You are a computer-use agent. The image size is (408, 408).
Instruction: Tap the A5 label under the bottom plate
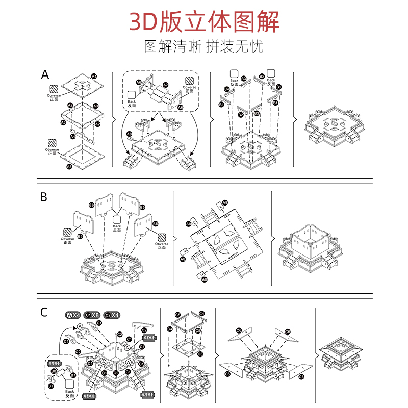click(69, 166)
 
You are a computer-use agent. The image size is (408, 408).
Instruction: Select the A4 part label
click(72, 136)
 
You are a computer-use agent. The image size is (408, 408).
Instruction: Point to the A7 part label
click(165, 85)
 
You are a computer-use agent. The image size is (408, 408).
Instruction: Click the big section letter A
click(45, 75)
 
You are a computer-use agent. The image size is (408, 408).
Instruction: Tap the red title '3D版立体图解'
click(204, 22)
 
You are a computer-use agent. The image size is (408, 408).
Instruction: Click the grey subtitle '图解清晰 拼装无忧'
click(204, 47)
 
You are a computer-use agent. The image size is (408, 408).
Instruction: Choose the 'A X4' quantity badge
click(73, 315)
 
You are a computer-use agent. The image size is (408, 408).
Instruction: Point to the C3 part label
click(200, 353)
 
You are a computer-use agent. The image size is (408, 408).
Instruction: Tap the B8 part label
click(54, 371)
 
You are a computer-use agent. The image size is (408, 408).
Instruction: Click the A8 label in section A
click(130, 134)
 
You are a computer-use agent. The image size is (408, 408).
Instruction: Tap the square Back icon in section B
click(117, 219)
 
